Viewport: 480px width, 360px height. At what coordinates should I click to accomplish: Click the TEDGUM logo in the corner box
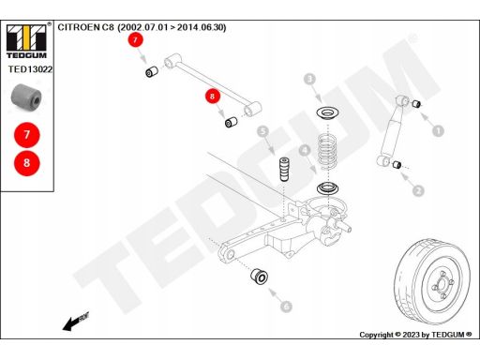click(26, 41)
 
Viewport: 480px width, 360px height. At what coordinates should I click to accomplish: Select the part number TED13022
click(30, 69)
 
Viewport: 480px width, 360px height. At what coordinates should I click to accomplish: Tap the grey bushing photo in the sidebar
click(26, 98)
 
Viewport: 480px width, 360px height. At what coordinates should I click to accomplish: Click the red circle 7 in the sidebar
click(27, 135)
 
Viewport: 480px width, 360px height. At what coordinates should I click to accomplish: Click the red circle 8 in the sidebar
click(27, 163)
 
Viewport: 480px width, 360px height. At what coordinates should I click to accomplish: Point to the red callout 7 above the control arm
click(135, 40)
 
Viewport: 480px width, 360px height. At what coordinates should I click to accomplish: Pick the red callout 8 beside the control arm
click(213, 96)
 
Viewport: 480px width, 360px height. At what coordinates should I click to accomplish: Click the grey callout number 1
click(438, 130)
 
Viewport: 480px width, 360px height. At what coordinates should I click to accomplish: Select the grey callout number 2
click(418, 190)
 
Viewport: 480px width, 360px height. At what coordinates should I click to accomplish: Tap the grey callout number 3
click(309, 79)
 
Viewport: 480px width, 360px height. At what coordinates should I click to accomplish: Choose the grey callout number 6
click(286, 306)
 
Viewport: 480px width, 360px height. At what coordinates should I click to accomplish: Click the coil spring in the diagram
click(327, 151)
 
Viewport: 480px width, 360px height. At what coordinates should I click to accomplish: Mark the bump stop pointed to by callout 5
click(284, 169)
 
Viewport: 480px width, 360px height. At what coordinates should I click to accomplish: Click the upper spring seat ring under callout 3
click(327, 112)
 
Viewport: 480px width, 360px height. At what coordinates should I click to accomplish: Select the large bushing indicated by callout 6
click(259, 276)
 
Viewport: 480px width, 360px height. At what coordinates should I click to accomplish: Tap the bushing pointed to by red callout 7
click(152, 71)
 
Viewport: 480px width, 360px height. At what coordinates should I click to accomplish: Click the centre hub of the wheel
click(442, 285)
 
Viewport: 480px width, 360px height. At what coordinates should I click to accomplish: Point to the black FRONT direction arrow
click(76, 321)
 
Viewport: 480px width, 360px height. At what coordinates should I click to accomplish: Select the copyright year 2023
click(411, 335)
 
